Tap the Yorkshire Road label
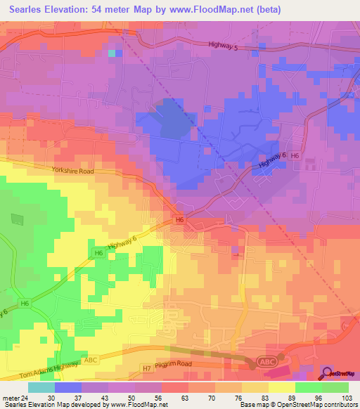pyautogui.click(x=72, y=170)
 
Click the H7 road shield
pyautogui.click(x=147, y=367)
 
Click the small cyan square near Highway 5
pyautogui.click(x=112, y=52)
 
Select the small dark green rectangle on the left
pyautogui.click(x=17, y=219)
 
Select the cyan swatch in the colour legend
pyautogui.click(x=41, y=387)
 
